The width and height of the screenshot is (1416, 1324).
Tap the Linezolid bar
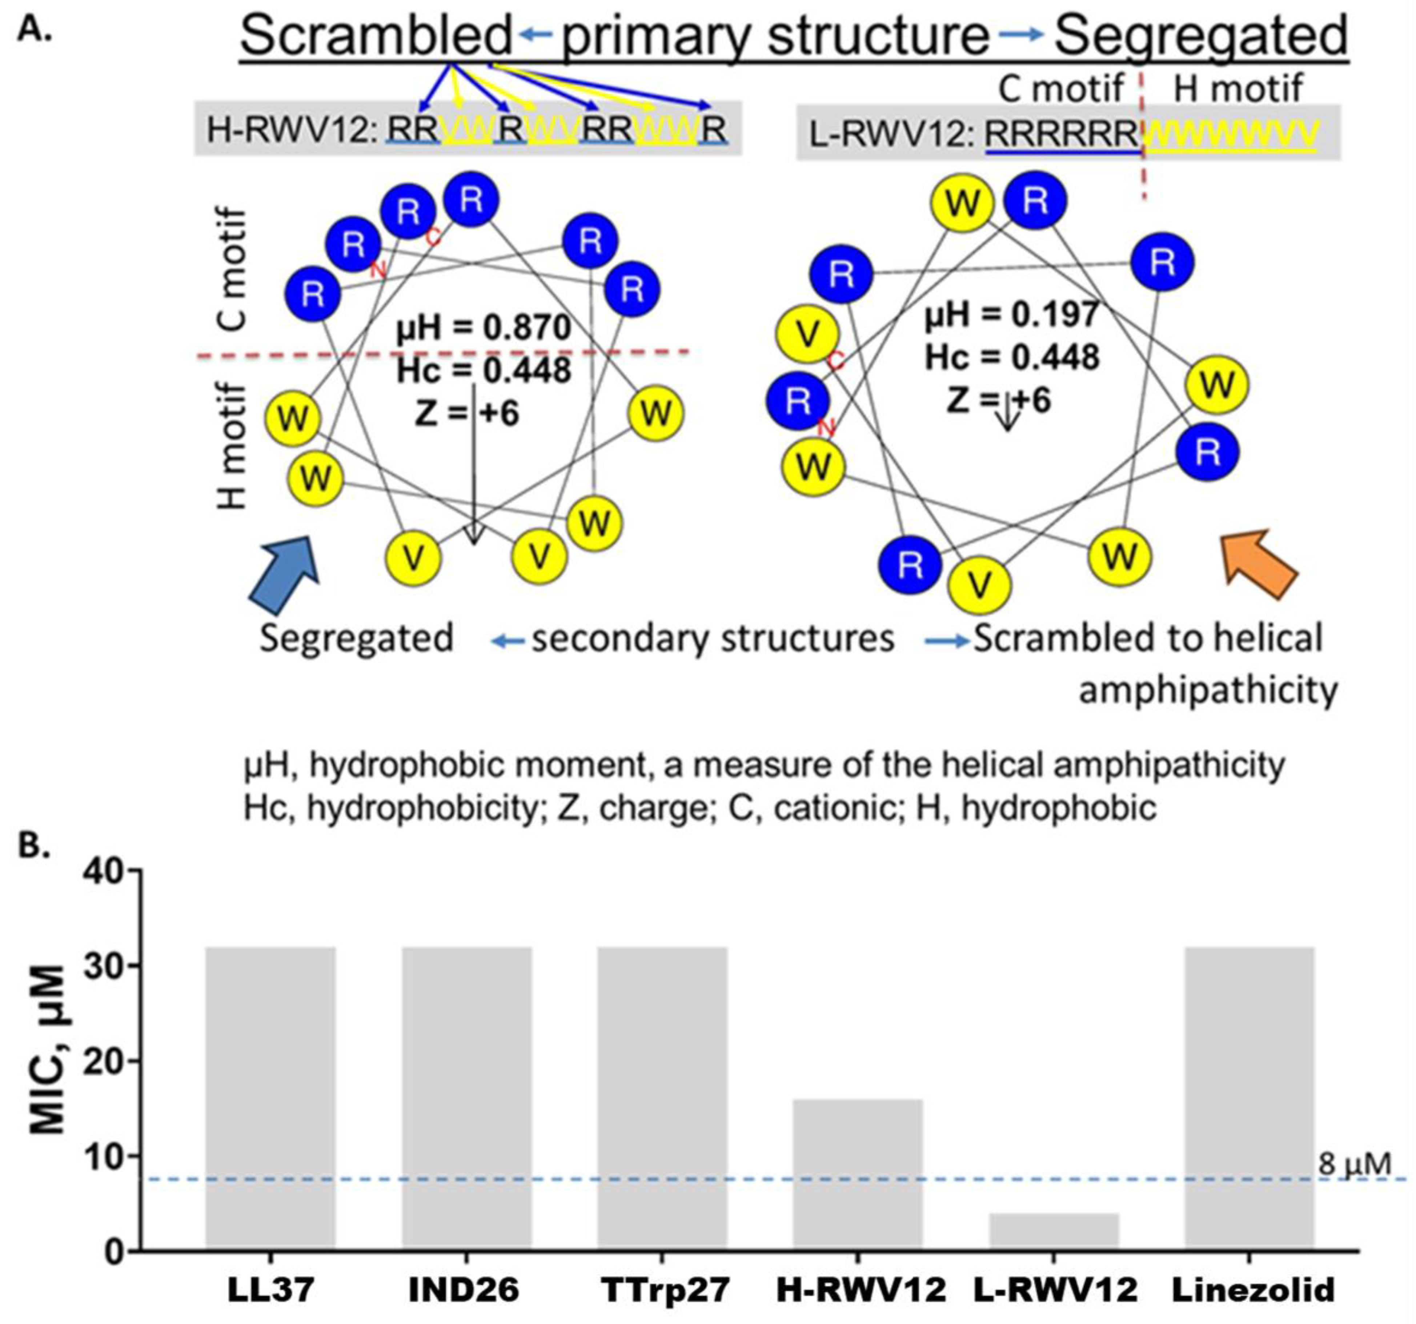point(1249,1097)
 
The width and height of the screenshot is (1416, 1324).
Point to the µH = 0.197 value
point(1011,314)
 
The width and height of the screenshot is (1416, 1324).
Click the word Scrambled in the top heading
point(376,37)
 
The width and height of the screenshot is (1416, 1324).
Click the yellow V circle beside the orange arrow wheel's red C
point(807,335)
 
